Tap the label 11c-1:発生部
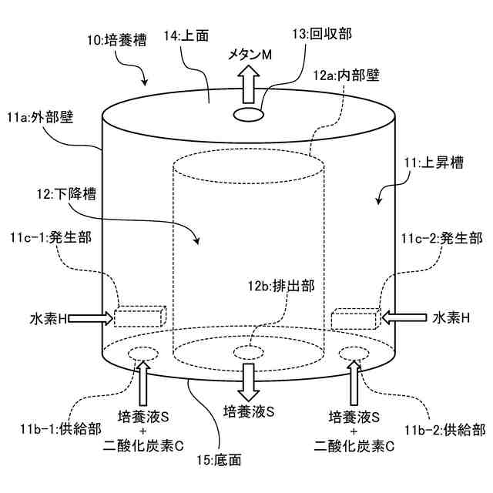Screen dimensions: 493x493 coord(51,237)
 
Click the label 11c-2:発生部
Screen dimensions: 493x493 coord(441,237)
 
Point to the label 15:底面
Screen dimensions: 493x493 coord(220,461)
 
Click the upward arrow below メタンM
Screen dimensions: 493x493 coord(247,83)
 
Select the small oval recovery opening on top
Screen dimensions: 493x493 coord(247,114)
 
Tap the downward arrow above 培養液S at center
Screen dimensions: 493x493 coord(248,380)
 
